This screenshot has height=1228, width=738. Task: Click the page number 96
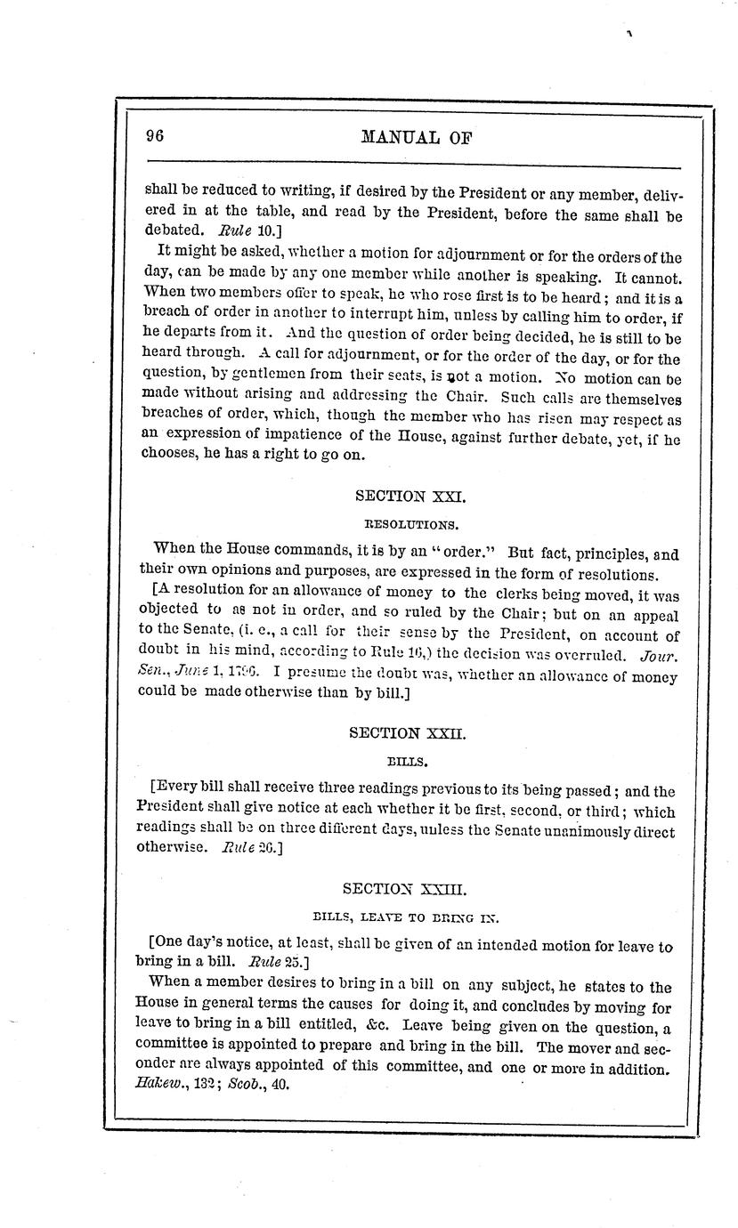156,135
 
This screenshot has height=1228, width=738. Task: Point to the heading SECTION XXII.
408,733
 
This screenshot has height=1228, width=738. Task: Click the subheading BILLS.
408,762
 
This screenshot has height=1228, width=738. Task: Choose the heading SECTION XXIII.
404,888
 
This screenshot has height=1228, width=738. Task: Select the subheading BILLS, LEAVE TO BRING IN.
405,915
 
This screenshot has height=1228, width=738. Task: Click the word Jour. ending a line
660,657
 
